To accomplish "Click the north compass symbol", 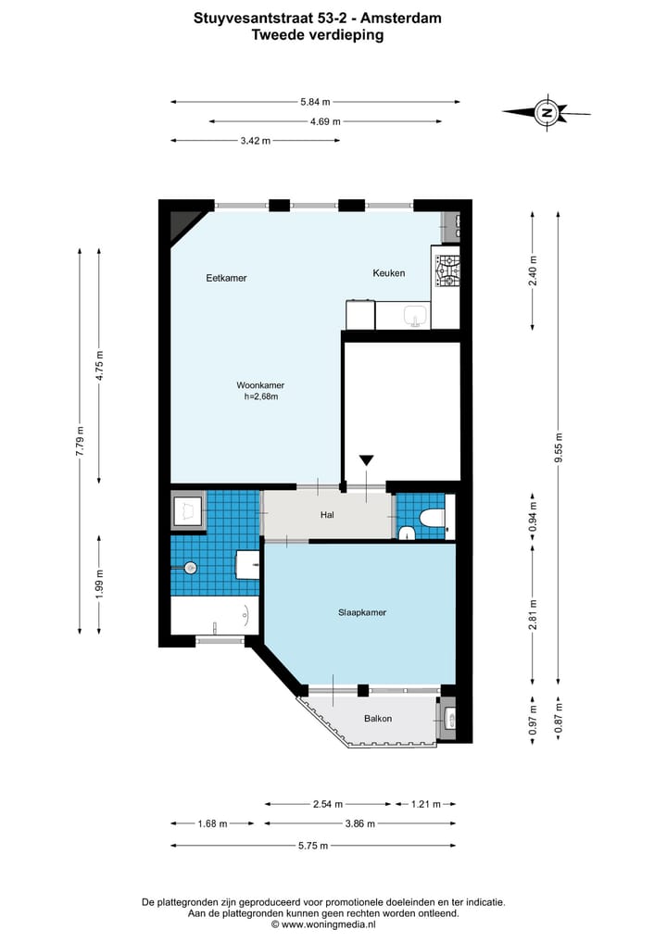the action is (x=547, y=112).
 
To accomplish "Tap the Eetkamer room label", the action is (x=226, y=278).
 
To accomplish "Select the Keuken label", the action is (x=389, y=272).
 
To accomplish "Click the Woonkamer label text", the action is (x=260, y=385).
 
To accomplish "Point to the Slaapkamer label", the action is (x=361, y=613).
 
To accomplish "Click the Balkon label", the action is (x=378, y=719).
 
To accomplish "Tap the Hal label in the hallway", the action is (x=327, y=515).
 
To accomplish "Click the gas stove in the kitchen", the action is (x=447, y=271).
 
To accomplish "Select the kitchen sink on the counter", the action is (x=416, y=315).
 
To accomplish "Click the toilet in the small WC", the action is (x=432, y=518).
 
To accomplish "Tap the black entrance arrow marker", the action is (x=367, y=460).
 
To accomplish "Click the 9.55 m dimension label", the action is (x=559, y=447).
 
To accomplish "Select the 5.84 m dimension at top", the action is (x=316, y=102).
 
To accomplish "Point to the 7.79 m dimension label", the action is (x=80, y=441).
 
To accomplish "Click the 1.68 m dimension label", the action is (x=213, y=823).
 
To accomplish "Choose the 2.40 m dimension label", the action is (x=533, y=271).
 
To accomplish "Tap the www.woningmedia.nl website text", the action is (x=328, y=924).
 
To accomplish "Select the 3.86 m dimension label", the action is (x=360, y=823).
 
